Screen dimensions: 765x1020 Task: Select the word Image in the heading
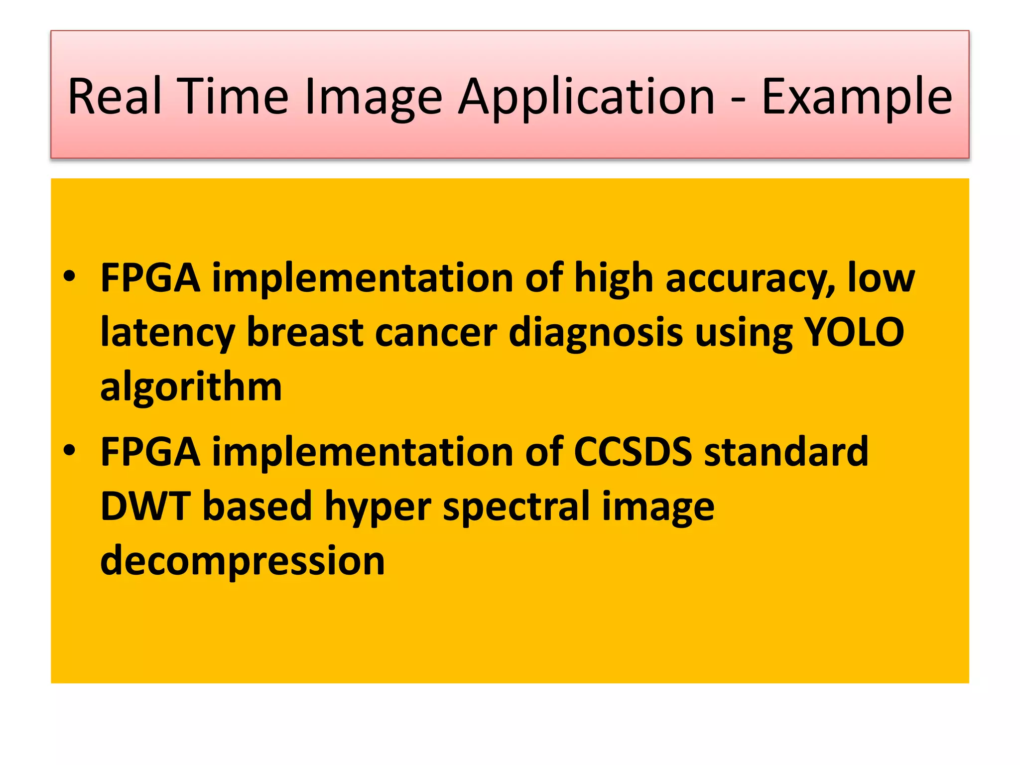373,98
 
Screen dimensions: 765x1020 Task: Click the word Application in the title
586,98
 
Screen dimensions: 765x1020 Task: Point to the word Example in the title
857,98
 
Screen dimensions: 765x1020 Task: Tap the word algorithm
191,387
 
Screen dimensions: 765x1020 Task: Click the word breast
305,332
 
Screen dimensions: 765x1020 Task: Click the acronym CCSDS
633,452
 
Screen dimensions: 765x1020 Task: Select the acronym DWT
145,506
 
